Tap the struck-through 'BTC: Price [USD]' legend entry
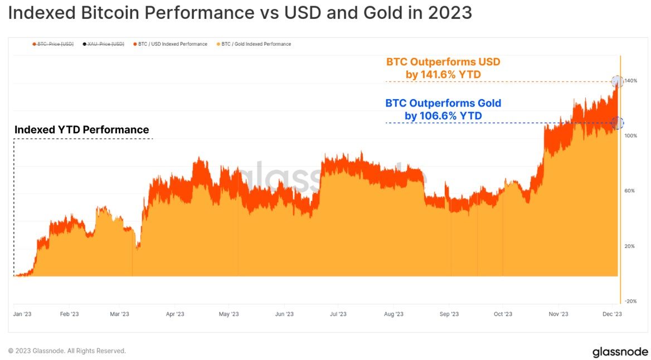[x=54, y=44]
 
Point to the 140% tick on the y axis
[x=630, y=81]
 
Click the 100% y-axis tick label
[x=630, y=136]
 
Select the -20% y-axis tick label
[x=630, y=301]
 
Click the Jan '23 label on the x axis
[x=22, y=314]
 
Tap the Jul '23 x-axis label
[x=338, y=314]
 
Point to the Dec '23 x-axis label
[x=612, y=314]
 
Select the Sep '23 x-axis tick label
[x=449, y=314]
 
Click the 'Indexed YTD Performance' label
[x=82, y=130]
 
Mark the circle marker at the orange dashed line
[x=617, y=81]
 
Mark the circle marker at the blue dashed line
[x=617, y=123]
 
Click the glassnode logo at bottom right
[x=620, y=352]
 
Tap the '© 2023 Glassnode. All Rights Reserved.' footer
[x=67, y=351]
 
